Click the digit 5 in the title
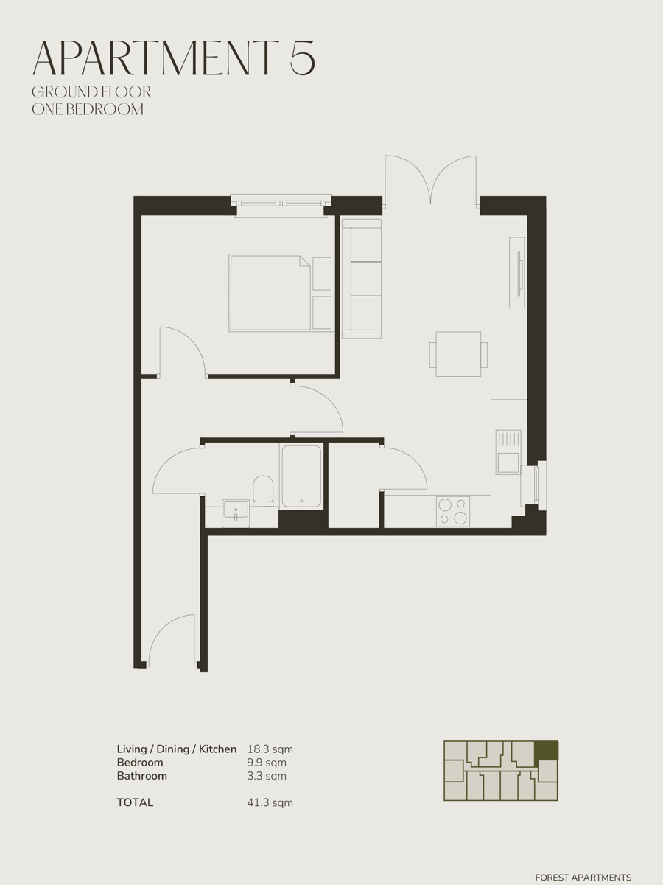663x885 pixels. click(302, 58)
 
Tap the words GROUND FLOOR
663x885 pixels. click(91, 92)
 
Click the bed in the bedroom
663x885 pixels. click(281, 293)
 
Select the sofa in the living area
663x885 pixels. click(361, 279)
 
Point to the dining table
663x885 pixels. click(458, 354)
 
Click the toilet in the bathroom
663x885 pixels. click(263, 490)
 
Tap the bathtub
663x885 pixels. click(301, 476)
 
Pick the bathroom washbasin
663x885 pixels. click(236, 513)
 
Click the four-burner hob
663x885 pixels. click(453, 512)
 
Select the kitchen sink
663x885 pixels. click(508, 451)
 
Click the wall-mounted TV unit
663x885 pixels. click(517, 272)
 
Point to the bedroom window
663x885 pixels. click(281, 206)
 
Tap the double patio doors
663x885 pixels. click(431, 181)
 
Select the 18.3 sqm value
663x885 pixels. click(270, 749)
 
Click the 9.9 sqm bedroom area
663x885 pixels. click(267, 763)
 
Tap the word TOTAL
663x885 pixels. click(136, 802)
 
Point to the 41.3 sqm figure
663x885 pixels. click(270, 802)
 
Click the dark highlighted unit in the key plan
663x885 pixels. click(546, 750)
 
